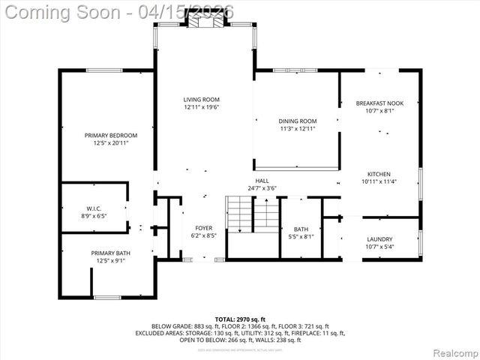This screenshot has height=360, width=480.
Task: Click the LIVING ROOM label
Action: point(202,99)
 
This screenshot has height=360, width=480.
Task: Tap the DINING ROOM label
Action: point(298,121)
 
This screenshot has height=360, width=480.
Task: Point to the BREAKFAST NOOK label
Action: point(379,103)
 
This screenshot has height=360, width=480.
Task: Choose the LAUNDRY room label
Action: point(379,239)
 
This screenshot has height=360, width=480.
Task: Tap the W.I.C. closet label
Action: point(94,208)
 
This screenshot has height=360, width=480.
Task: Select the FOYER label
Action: point(204,227)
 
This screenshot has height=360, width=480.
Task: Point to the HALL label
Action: point(262,181)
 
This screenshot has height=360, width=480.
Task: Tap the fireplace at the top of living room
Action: point(202,22)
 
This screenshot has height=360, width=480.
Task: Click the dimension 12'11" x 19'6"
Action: point(202,107)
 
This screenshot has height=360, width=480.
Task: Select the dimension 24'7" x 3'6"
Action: point(262,188)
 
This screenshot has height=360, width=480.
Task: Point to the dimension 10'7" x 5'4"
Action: point(379,247)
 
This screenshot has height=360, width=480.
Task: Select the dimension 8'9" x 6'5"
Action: point(94,216)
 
